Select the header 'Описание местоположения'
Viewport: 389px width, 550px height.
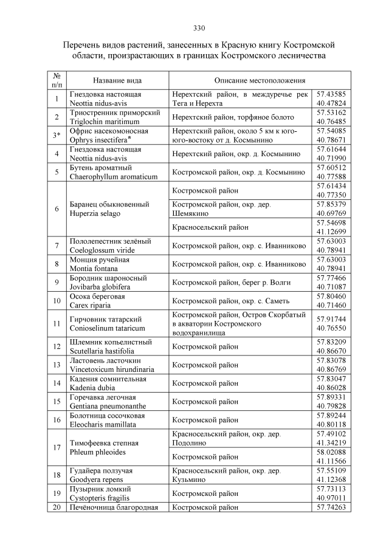pyautogui.click(x=260, y=80)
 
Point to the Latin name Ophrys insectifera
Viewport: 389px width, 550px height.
pyautogui.click(x=102, y=140)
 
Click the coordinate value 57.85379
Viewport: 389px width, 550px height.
pyautogui.click(x=331, y=204)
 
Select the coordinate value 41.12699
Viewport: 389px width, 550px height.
pyautogui.click(x=331, y=232)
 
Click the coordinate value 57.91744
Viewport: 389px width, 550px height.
pyautogui.click(x=331, y=318)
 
